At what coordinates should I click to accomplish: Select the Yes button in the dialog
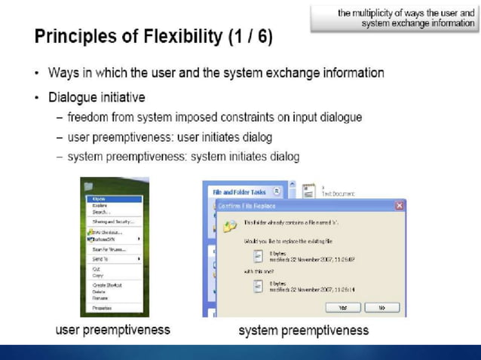pos(342,307)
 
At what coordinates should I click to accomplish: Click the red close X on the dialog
pos(400,206)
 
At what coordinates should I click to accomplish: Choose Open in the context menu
pos(99,198)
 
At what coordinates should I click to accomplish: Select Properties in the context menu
pos(102,308)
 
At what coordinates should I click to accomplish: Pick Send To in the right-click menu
pos(100,258)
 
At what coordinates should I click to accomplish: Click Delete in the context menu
pos(99,291)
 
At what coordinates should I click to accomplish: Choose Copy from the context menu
pos(97,275)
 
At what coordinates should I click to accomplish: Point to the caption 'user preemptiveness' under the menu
pos(113,329)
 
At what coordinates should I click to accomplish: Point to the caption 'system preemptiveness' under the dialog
pos(303,330)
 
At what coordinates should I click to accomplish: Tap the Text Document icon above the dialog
pos(308,191)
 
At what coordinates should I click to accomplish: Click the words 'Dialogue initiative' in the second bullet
pos(97,97)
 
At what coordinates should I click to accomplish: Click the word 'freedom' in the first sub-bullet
pos(87,117)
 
